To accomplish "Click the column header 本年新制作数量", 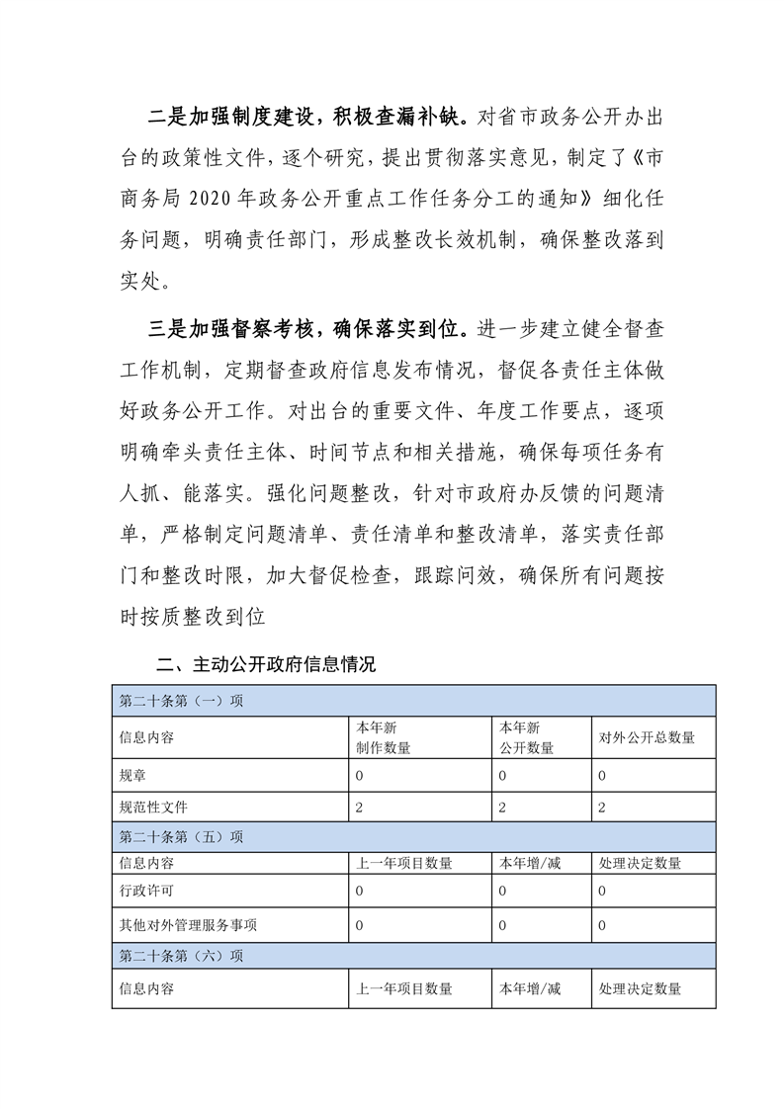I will pos(384,737).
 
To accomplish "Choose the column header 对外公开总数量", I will pos(647,737).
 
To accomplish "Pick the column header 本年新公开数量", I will pos(526,737).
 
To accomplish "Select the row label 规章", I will pos(131,776).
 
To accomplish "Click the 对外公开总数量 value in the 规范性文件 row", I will pos(602,808).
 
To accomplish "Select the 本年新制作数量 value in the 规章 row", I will pos(360,776).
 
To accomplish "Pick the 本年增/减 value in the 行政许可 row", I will pos(503,892).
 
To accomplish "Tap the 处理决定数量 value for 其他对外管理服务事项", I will pos(602,925).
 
